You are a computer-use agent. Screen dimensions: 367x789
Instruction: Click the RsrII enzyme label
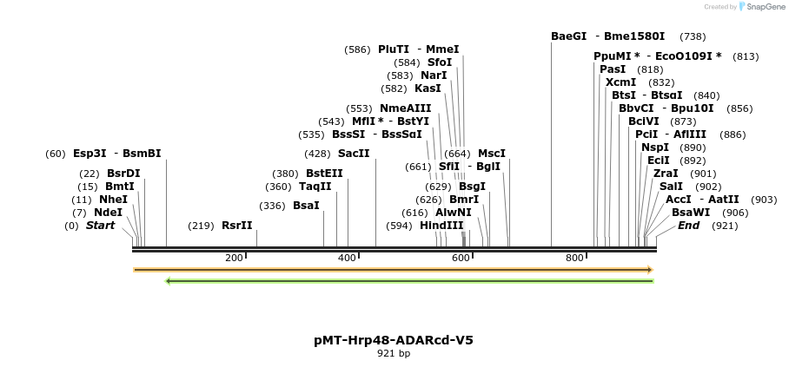click(236, 226)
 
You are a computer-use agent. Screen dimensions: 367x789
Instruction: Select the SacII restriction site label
click(354, 154)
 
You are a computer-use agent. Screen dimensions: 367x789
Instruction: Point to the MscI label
click(492, 154)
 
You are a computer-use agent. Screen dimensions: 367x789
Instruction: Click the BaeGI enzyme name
click(569, 36)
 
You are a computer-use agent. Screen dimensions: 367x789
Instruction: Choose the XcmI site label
click(621, 82)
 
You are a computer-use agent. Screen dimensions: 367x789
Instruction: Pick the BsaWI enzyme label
click(691, 213)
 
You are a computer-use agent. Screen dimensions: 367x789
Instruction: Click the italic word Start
click(100, 226)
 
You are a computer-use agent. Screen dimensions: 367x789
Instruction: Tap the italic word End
click(689, 226)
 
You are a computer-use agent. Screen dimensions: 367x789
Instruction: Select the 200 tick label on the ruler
click(234, 259)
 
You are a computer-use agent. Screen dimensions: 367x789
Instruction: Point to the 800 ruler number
click(574, 259)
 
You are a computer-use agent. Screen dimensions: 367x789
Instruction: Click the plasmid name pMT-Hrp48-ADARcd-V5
click(394, 340)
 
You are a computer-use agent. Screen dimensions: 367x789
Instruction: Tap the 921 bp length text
click(394, 354)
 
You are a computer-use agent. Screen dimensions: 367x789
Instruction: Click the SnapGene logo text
click(765, 7)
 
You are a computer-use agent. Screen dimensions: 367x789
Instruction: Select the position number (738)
click(693, 36)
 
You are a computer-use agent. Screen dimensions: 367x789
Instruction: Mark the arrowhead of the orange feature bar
click(649, 270)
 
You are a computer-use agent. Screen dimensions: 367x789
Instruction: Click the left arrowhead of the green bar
click(169, 280)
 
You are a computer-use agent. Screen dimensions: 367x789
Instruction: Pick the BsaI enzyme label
click(306, 206)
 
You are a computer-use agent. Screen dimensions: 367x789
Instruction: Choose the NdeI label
click(109, 213)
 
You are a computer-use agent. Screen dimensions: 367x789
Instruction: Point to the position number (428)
click(316, 154)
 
